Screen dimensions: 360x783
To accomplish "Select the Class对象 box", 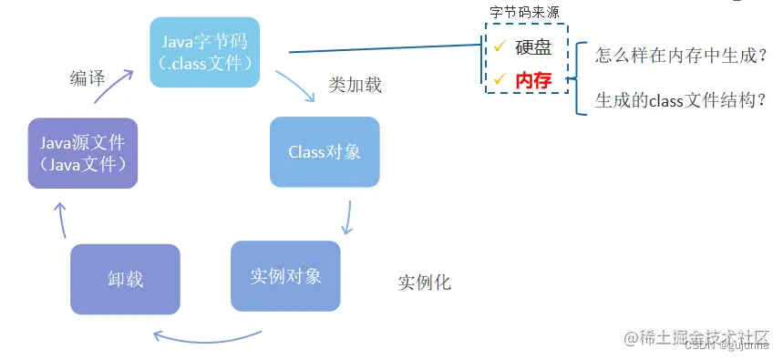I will click(x=325, y=151).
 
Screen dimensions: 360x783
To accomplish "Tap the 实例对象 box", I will click(x=285, y=275).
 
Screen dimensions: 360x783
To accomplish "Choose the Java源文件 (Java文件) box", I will click(x=82, y=153).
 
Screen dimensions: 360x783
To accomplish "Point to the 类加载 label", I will click(x=355, y=86).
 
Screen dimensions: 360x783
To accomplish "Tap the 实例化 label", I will click(x=425, y=283).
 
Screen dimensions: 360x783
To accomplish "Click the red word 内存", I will click(x=533, y=80).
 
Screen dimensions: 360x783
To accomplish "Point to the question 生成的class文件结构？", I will click(x=680, y=100).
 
